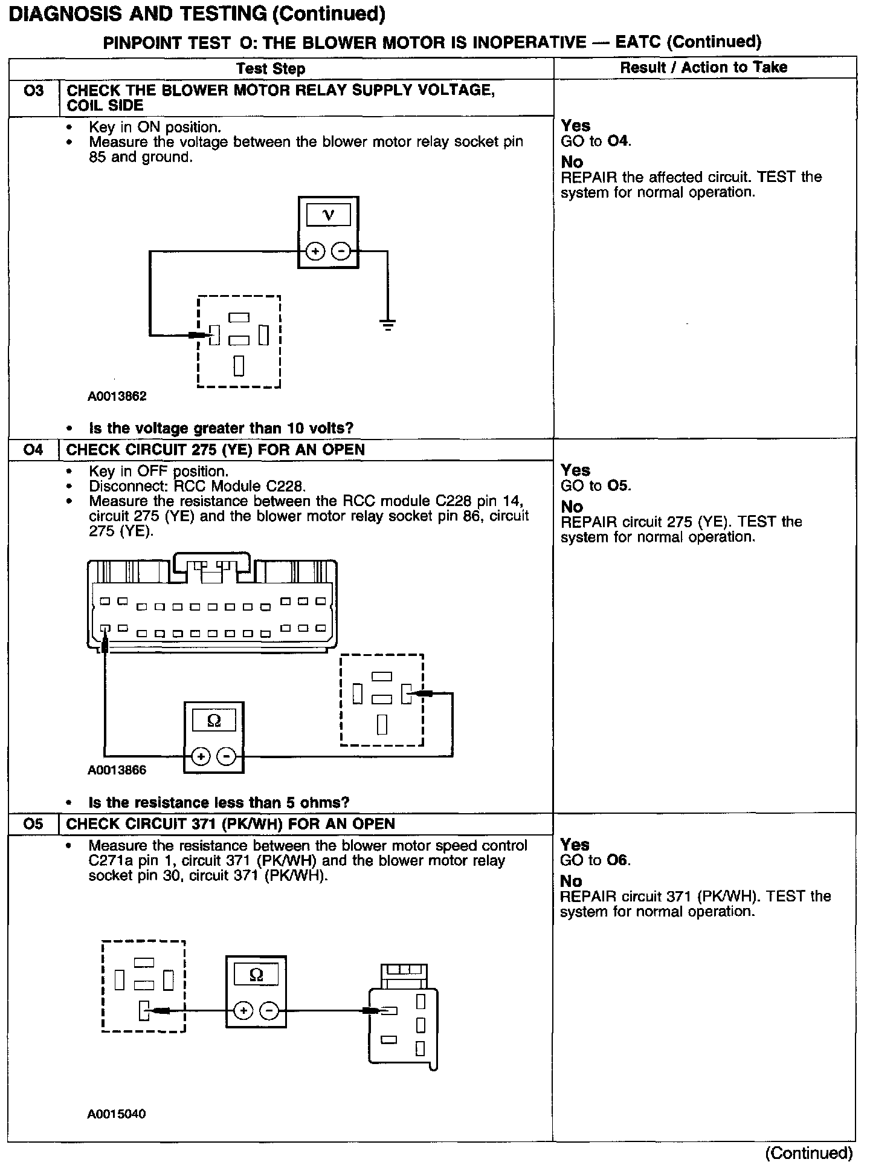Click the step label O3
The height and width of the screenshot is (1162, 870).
point(33,91)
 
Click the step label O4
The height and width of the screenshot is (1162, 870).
point(33,450)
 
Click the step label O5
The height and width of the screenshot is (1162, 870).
point(33,824)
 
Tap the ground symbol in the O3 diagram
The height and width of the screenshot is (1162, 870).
point(388,325)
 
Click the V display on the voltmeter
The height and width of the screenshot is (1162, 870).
point(328,215)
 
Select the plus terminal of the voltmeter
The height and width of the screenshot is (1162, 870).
point(315,251)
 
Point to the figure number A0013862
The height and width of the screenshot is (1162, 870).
point(117,397)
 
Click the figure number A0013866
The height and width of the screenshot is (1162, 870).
point(117,770)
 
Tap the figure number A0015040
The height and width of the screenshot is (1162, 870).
point(117,1114)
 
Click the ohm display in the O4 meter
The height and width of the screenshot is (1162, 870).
point(214,721)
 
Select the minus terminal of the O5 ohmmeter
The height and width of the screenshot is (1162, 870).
point(269,1011)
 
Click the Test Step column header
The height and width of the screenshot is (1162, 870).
point(271,68)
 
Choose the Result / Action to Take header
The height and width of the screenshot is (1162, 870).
point(704,67)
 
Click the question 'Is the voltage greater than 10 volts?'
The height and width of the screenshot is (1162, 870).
point(221,429)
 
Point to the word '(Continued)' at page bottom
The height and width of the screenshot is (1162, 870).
point(809,1153)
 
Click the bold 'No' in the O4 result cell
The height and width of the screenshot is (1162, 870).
point(572,507)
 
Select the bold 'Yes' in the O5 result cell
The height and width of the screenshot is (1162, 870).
point(575,845)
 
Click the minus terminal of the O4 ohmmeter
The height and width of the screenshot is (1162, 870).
point(227,756)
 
